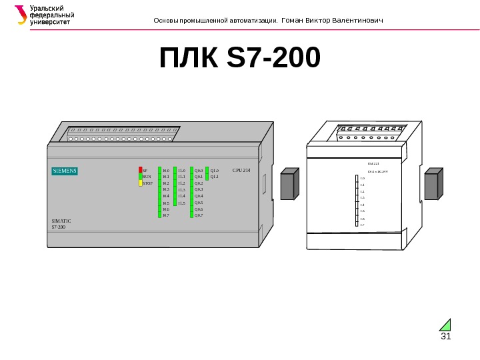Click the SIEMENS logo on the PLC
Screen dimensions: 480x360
pos(65,171)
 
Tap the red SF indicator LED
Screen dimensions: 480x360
pos(141,171)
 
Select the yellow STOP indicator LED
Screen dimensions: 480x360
pos(141,183)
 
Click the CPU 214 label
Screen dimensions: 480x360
pos(241,171)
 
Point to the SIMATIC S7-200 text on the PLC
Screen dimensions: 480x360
pos(61,223)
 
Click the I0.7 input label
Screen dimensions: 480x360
pos(166,215)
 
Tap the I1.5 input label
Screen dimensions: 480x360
pos(181,203)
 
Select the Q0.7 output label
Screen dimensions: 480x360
pos(199,215)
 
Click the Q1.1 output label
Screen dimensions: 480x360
pos(214,177)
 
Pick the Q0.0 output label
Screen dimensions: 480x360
pos(199,171)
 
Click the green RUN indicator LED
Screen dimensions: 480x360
pos(141,177)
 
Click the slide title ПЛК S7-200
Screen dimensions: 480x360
pos(240,58)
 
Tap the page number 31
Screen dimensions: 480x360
pos(446,335)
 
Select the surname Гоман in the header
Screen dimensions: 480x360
pos(293,20)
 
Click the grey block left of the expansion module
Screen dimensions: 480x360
pos(288,184)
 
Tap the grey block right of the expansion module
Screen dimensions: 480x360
pos(432,184)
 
